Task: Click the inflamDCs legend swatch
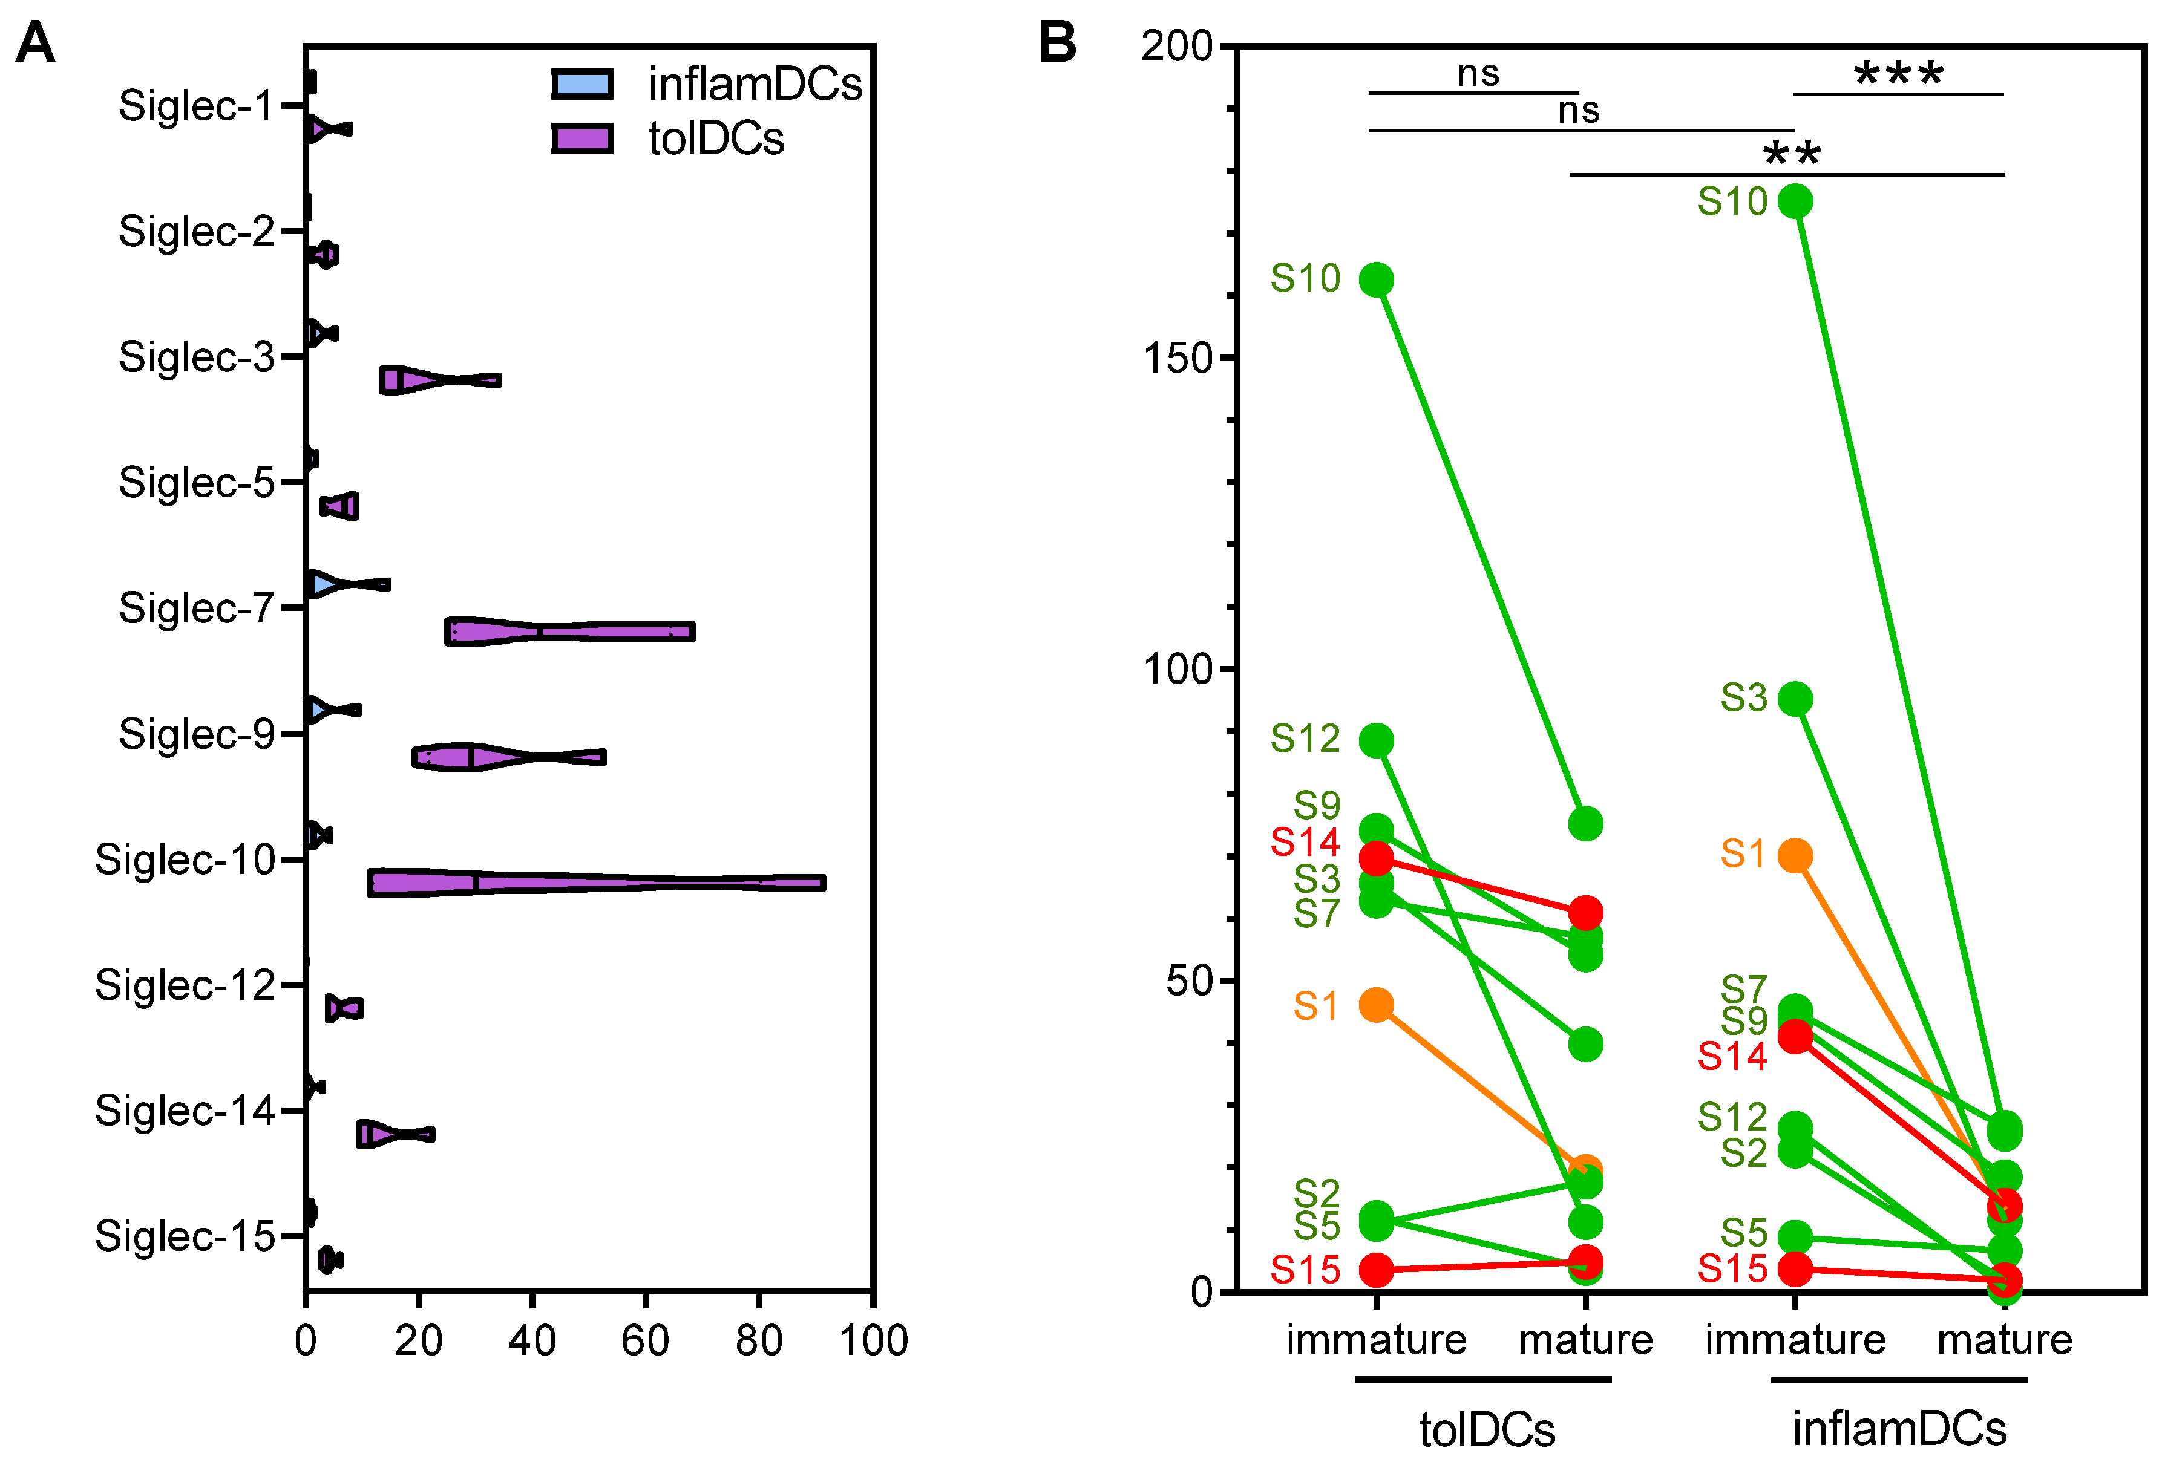(x=581, y=83)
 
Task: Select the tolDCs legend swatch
(x=581, y=139)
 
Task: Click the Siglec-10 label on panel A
(x=185, y=860)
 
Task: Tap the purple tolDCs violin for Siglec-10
(x=595, y=882)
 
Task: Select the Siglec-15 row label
(x=185, y=1236)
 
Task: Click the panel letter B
(x=1057, y=43)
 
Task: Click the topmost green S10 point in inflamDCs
(x=1795, y=201)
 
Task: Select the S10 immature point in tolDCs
(x=1376, y=279)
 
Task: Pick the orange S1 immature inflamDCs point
(x=1795, y=855)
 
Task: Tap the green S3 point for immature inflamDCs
(x=1795, y=699)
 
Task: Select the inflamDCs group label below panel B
(x=1899, y=1429)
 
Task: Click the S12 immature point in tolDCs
(x=1376, y=740)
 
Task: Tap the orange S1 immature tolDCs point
(x=1376, y=1005)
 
